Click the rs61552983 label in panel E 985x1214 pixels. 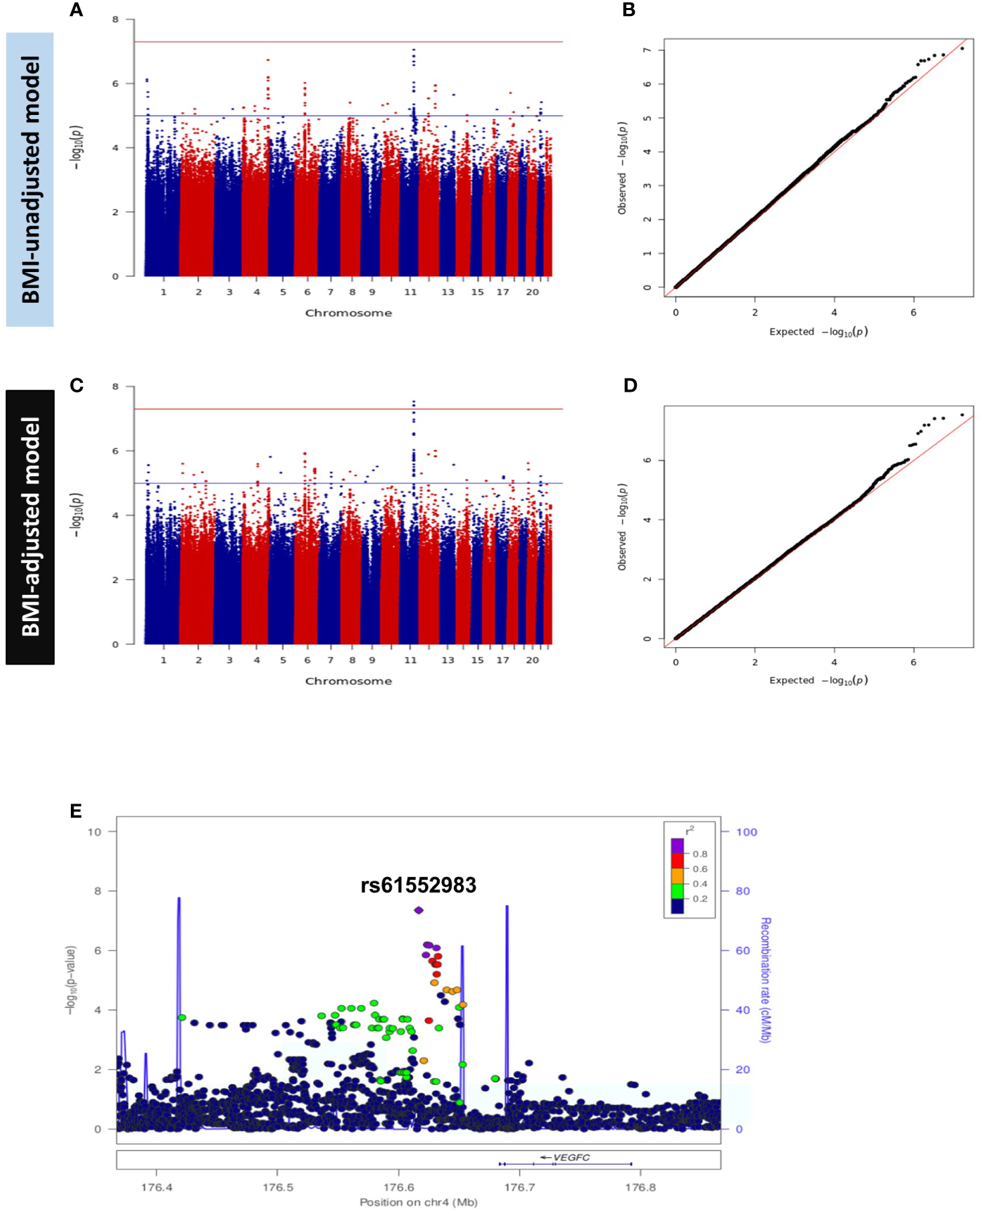418,885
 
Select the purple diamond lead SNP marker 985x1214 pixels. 419,910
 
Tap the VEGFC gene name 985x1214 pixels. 571,1157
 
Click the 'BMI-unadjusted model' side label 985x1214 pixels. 30,179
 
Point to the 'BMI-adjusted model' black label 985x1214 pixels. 30,527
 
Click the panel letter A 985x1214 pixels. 76,10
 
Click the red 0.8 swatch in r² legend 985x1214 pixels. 678,861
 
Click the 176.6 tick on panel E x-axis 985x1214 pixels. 398,1187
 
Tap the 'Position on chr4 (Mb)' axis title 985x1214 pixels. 418,1202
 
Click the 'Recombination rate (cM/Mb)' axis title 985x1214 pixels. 765,979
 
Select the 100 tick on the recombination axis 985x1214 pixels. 746,832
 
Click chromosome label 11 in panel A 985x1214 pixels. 410,292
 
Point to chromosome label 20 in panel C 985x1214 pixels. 532,660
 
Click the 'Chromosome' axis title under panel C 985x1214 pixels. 348,681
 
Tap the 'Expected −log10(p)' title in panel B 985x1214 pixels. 818,332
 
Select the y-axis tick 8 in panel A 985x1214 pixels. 115,19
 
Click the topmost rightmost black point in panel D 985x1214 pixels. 962,414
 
